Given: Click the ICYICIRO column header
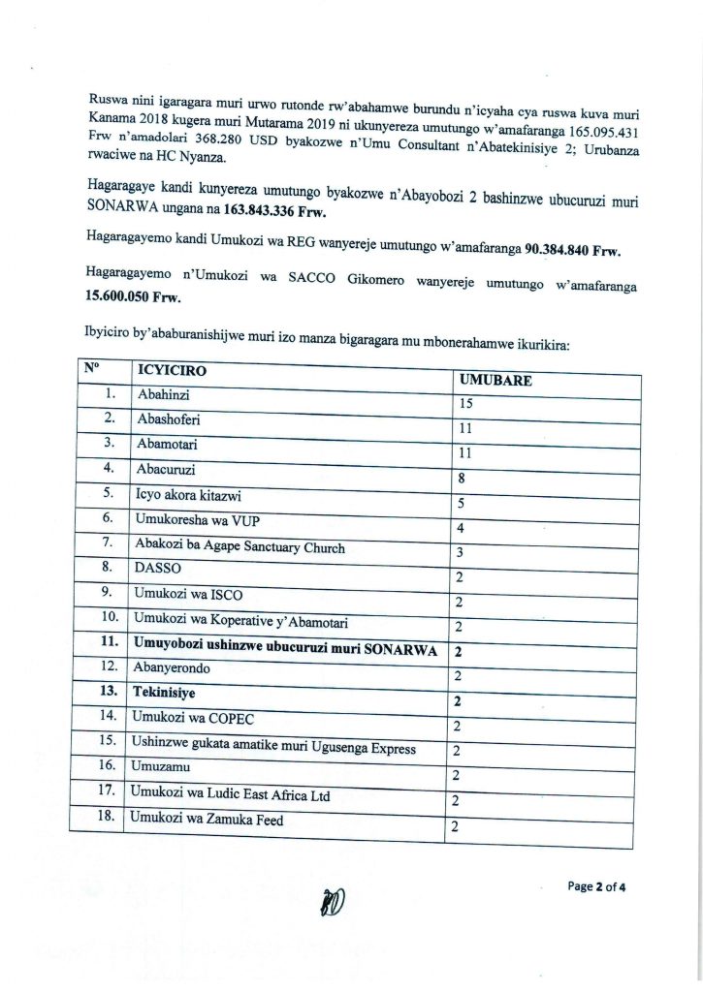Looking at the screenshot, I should click(x=172, y=371).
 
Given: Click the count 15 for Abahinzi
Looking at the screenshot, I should click(x=466, y=403).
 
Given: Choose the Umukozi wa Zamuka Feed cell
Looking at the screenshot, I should click(x=200, y=820).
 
